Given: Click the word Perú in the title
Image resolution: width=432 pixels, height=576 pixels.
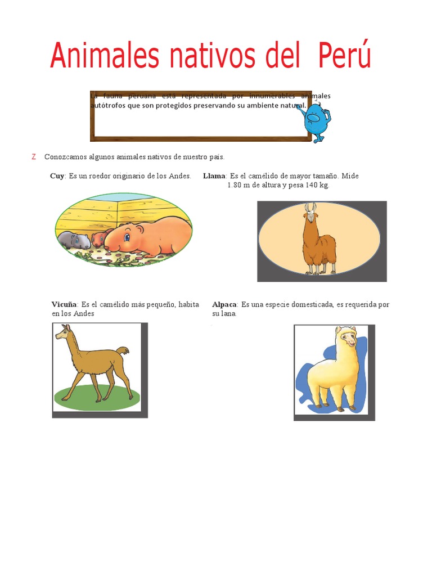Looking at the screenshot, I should pyautogui.click(x=344, y=56).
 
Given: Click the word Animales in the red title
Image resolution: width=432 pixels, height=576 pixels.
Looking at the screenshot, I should pyautogui.click(x=97, y=56).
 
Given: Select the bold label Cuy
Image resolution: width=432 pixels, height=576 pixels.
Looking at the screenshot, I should pyautogui.click(x=57, y=176).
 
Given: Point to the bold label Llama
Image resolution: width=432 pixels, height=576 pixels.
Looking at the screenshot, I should pyautogui.click(x=214, y=176).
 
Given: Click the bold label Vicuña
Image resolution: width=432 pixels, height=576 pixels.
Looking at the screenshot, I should pyautogui.click(x=65, y=304).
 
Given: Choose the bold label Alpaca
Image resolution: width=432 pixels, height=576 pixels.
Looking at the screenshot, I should pyautogui.click(x=224, y=304).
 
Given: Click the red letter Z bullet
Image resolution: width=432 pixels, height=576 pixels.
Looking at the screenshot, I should pyautogui.click(x=34, y=157).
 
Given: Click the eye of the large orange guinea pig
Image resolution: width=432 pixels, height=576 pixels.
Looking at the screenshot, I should pyautogui.click(x=127, y=236).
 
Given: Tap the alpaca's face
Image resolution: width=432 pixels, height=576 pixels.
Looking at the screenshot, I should pyautogui.click(x=348, y=339).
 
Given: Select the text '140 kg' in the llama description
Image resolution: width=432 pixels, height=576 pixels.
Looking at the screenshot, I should pyautogui.click(x=317, y=185).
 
